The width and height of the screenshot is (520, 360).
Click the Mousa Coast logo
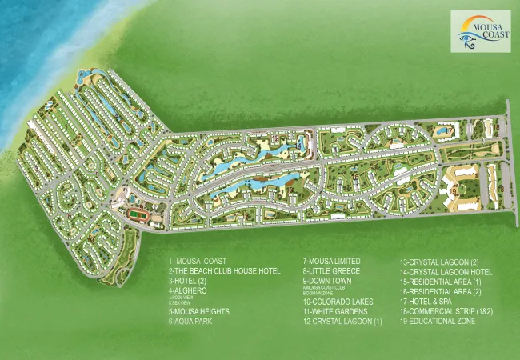coord(480,30)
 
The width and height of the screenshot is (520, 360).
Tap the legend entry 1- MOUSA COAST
coord(198,262)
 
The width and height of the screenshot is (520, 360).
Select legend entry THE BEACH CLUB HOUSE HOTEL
coord(224,271)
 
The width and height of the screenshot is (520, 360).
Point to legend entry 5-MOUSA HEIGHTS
coord(199,311)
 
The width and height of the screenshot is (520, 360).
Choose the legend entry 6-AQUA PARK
coord(192,321)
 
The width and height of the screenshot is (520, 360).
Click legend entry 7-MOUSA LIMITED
coord(331,262)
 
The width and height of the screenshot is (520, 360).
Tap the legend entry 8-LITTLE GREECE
coord(331,271)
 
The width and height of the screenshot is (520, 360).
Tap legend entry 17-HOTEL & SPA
coord(431,301)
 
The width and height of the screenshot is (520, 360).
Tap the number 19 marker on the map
coord(454,192)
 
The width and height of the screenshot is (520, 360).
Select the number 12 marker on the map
coord(274,141)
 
